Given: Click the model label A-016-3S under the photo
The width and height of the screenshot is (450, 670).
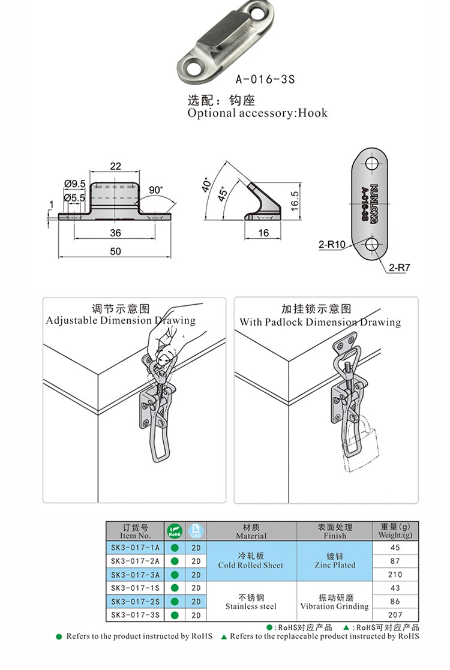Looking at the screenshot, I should click(x=265, y=79).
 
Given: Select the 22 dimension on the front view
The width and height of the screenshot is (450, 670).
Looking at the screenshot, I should click(x=115, y=166).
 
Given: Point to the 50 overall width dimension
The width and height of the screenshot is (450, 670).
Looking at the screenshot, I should click(x=116, y=251).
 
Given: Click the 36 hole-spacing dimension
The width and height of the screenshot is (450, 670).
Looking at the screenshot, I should click(x=115, y=233).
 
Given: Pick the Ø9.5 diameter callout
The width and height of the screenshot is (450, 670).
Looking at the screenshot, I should click(x=75, y=184).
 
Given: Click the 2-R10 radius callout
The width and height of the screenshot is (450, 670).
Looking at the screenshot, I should click(x=332, y=244).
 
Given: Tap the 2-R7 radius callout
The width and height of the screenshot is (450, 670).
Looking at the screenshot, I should click(x=398, y=268).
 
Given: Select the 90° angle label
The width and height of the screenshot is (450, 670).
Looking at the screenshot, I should click(x=155, y=190).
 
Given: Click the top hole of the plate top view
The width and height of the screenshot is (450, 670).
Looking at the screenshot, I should click(x=372, y=164).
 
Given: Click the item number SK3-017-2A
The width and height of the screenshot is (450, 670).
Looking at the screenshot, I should click(x=136, y=561).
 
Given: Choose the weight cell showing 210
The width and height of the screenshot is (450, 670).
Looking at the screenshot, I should click(x=395, y=574).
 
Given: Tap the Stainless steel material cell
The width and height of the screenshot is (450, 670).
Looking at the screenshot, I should click(x=251, y=602).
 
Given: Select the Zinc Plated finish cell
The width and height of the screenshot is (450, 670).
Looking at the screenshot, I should click(x=335, y=561).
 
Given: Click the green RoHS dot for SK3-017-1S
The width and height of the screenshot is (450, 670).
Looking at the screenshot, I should click(x=175, y=588).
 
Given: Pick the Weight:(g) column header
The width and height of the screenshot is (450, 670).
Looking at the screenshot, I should click(x=395, y=531).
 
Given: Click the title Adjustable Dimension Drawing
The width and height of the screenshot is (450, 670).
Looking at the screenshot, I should click(x=121, y=320).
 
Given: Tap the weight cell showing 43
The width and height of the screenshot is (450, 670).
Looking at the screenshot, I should click(x=395, y=588).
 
